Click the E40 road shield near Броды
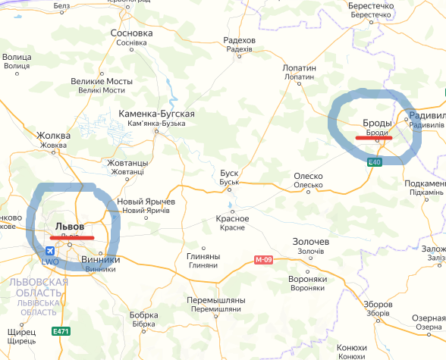374,162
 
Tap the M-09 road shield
262,260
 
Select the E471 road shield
60,331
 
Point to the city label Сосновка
131,33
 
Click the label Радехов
239,40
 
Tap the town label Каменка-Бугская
157,114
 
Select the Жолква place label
54,136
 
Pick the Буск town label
229,173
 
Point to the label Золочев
311,242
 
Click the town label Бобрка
143,315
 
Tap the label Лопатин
299,68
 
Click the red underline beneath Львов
71,237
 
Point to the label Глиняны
202,256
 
